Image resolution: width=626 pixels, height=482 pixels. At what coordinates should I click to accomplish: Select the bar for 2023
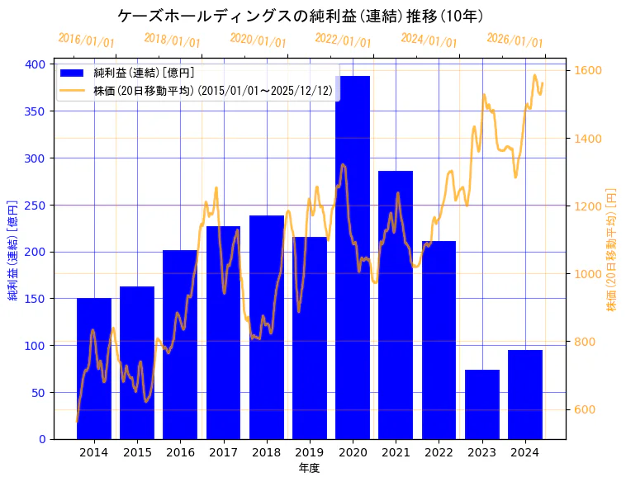point(482,404)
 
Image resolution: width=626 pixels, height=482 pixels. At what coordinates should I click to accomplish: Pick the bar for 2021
point(396,305)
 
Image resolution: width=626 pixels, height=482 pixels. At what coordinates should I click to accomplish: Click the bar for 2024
point(525,395)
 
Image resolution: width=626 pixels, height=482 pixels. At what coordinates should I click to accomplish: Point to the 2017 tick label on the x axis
point(223,452)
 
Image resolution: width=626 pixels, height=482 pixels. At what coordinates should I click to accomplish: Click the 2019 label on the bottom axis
point(310,452)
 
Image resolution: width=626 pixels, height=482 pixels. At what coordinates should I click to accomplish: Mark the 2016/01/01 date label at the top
point(86,40)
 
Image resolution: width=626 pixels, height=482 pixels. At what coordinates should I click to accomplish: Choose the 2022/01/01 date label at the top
point(343,40)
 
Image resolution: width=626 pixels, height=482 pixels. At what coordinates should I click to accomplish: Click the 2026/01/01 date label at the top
point(515,40)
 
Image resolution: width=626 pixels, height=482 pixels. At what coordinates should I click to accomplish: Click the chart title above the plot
point(300,16)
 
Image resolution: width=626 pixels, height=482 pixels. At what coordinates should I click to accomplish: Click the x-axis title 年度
point(309,468)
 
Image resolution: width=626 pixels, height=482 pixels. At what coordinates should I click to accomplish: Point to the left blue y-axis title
point(13,251)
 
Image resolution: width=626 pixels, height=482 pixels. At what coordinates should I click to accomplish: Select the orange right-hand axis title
point(612,251)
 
